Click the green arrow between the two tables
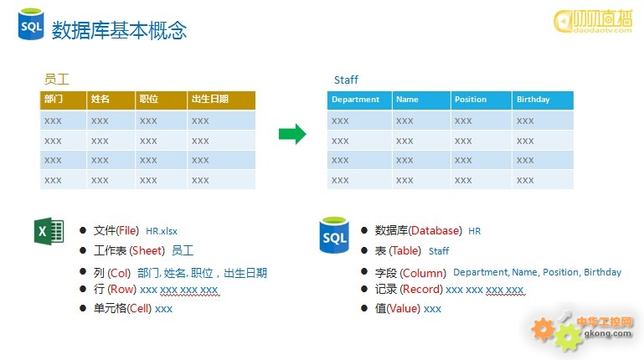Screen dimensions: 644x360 pyautogui.click(x=292, y=134)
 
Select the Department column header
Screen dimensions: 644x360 pyautogui.click(x=359, y=100)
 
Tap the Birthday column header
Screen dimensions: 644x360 pyautogui.click(x=543, y=100)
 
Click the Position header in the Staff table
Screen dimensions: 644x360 pyautogui.click(x=482, y=100)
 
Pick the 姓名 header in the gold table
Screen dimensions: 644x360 pyautogui.click(x=111, y=100)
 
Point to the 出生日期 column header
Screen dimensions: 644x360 pyautogui.click(x=221, y=100)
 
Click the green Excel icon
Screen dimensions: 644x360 pyautogui.click(x=49, y=231)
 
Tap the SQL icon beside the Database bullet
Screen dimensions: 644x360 pyautogui.click(x=334, y=234)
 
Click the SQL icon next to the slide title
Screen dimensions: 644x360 pyautogui.click(x=31, y=24)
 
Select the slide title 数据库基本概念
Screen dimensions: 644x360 pyautogui.click(x=119, y=30)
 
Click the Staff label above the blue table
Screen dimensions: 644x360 pyautogui.click(x=346, y=80)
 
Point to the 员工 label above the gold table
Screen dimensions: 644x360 pyautogui.click(x=57, y=79)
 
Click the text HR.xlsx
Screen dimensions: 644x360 pyautogui.click(x=162, y=231)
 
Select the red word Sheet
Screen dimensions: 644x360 pyautogui.click(x=147, y=250)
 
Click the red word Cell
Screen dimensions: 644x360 pyautogui.click(x=139, y=308)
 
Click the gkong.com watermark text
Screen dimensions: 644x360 pyautogui.click(x=608, y=333)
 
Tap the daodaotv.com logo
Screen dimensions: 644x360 pyautogui.click(x=593, y=21)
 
